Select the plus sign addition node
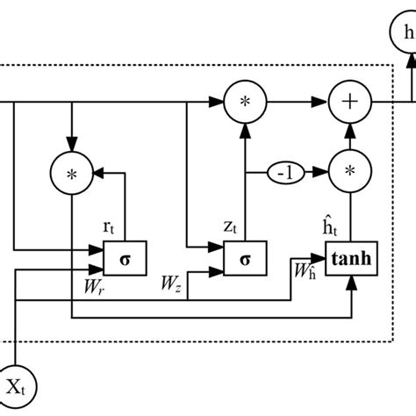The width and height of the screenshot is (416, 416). point(349,102)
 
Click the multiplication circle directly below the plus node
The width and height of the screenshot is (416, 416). point(349,172)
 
